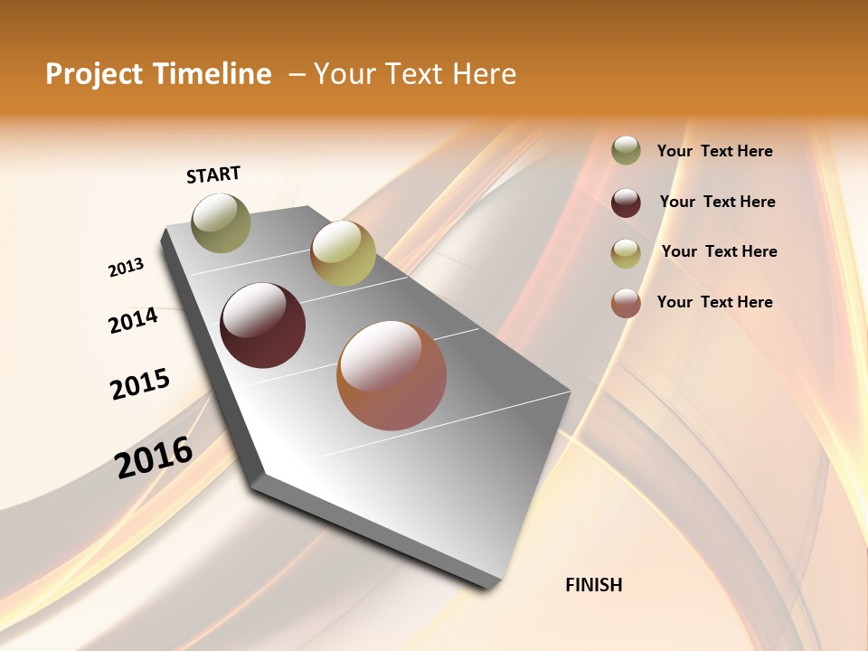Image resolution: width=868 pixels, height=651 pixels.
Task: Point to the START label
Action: click(213, 175)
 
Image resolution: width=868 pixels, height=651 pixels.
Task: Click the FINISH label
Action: click(594, 585)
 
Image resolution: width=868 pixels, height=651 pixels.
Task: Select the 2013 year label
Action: click(126, 268)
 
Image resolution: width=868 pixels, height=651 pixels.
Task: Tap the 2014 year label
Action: click(133, 320)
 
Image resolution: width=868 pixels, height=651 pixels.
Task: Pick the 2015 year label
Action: click(140, 384)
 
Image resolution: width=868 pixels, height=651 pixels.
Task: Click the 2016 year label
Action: click(154, 458)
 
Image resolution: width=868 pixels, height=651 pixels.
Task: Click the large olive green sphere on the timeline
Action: click(222, 222)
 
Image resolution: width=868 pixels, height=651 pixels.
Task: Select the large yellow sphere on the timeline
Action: click(343, 253)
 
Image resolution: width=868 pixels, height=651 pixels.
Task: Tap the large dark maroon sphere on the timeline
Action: click(263, 325)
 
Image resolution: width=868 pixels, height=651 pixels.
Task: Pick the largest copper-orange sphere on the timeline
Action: click(392, 375)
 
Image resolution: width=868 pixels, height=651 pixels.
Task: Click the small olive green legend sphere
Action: click(626, 150)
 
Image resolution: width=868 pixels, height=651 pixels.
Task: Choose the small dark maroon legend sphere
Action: click(626, 203)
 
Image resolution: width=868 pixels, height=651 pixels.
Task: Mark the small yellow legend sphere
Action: click(626, 253)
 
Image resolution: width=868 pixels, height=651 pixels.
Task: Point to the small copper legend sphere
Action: click(626, 303)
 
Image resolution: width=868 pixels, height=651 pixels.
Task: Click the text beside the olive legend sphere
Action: click(714, 151)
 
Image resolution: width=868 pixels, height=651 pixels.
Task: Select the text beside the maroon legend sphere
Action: click(717, 202)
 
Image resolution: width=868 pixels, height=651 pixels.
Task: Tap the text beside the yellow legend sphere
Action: click(719, 251)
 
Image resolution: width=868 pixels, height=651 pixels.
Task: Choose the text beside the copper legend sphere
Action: click(714, 302)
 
